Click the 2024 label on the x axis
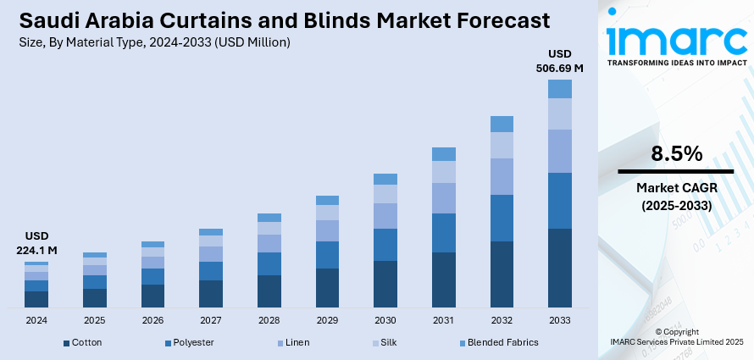point(36,321)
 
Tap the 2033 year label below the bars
point(559,321)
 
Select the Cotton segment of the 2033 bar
point(559,268)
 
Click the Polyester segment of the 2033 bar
point(559,201)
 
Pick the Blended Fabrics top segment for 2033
point(559,89)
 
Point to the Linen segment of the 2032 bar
point(502,176)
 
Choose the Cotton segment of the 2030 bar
point(385,284)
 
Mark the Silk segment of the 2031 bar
point(444,172)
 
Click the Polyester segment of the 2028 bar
point(269,263)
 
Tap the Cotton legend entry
point(83,342)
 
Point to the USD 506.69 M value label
point(560,61)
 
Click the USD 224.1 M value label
point(36,243)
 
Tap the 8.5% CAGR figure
point(676,154)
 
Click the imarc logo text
point(676,41)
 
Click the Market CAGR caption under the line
point(676,197)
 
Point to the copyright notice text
point(676,336)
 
